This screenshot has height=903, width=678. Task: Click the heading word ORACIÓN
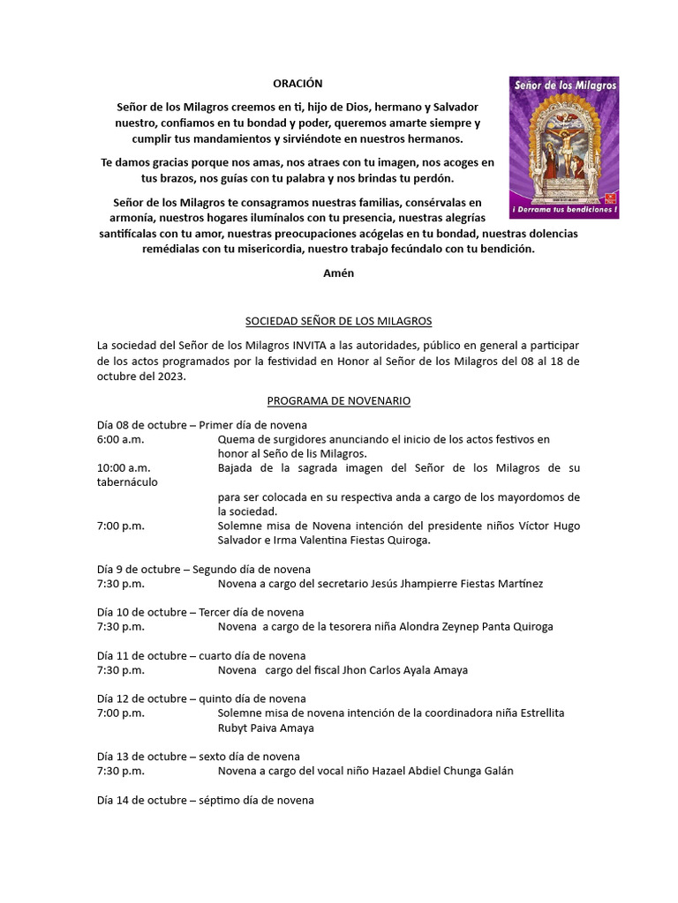click(298, 84)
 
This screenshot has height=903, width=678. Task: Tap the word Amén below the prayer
click(339, 272)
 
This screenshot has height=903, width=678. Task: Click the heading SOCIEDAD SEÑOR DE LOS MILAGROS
click(338, 320)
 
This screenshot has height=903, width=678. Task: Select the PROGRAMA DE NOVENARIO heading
click(338, 400)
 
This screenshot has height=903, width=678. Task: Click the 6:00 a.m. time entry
click(120, 439)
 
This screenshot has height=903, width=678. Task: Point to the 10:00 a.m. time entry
click(124, 467)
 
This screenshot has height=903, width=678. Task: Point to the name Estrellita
click(536, 713)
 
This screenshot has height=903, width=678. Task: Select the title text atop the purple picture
click(563, 84)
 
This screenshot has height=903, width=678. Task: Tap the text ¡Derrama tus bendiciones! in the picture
click(563, 211)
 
